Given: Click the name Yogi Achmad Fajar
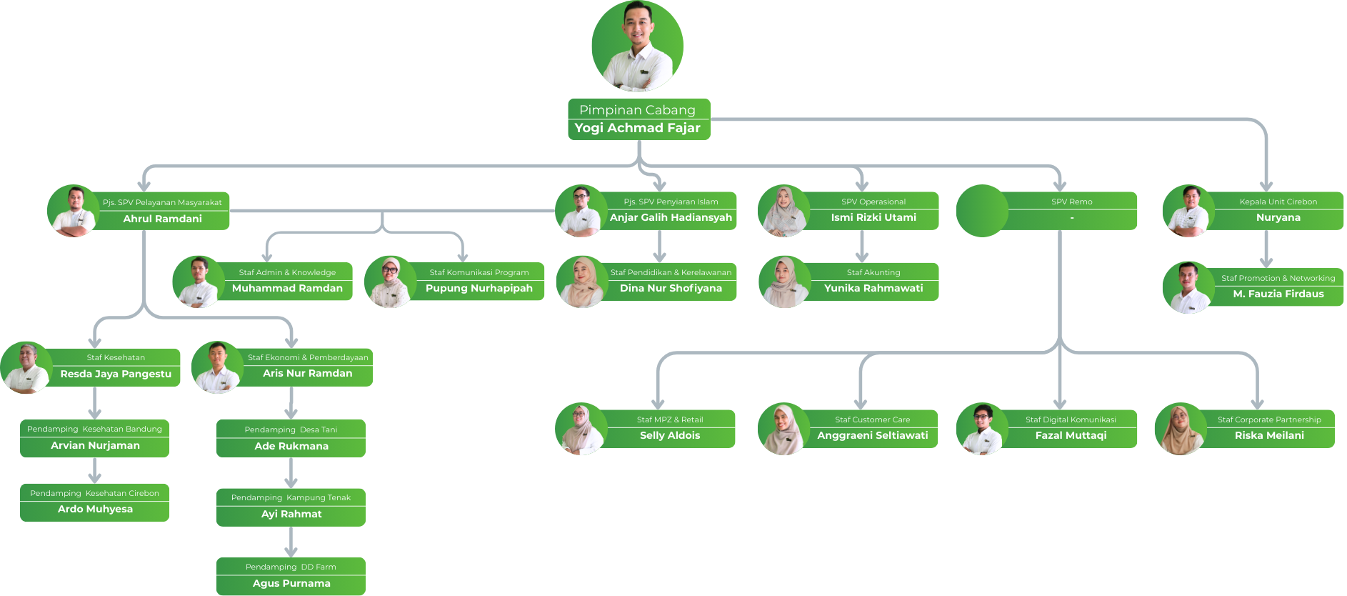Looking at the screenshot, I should pos(637,129).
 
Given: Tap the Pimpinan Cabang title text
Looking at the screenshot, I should pos(637,110).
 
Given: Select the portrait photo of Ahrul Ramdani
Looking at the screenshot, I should pos(73,211).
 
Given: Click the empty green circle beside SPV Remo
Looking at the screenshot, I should pos(982,211).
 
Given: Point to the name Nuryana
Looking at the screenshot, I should pos(1278,218).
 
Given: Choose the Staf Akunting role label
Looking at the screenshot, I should pos(873,272).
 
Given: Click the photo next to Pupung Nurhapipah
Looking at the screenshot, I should pos(390,282).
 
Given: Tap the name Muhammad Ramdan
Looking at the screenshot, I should pos(287,289).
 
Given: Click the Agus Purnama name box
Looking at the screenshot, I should pos(291,584).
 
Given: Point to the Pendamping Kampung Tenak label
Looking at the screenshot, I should pos(291,498).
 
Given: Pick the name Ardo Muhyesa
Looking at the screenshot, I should pos(95,510).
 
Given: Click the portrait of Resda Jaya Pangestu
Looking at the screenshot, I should pos(26,367).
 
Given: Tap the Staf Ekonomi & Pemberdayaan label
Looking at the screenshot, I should pos(308,357).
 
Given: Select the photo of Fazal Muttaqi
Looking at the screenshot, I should pos(982,429).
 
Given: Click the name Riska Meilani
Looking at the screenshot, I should pos(1268,436).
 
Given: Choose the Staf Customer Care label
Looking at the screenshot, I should pos(872,420).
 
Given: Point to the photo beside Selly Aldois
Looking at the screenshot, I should pos(581,429).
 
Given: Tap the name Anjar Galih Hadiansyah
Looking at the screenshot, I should pos(671,218).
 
